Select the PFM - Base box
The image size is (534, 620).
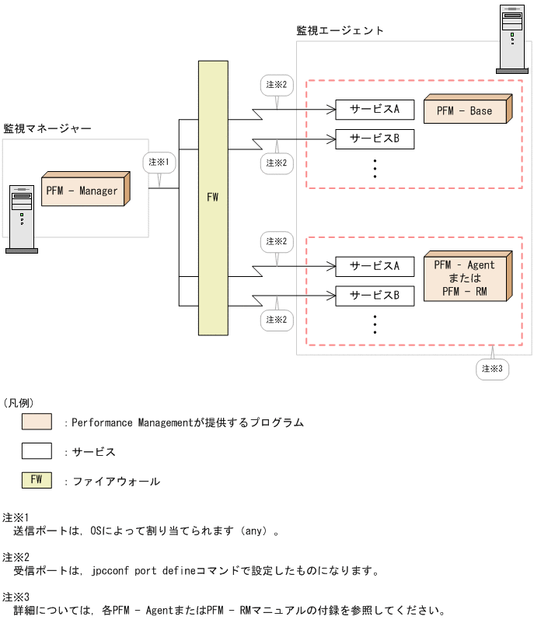(466, 110)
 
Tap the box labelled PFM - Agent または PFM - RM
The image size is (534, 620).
(466, 278)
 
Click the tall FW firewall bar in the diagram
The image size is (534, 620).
(213, 197)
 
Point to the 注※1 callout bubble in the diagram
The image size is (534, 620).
(159, 162)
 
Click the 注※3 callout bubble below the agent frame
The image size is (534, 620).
(493, 368)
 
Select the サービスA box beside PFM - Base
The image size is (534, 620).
(375, 110)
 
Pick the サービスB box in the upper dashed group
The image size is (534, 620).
(375, 139)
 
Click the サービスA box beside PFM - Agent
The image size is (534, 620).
(375, 266)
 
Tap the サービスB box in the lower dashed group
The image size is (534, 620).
(375, 296)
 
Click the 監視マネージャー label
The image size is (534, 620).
(47, 128)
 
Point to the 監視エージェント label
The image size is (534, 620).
(340, 30)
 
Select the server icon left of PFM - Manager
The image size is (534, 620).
(22, 219)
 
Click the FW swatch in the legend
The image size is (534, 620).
(37, 480)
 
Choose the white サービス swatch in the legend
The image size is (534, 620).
(37, 451)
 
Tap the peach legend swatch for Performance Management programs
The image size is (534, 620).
(37, 422)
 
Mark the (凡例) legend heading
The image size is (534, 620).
(19, 402)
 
